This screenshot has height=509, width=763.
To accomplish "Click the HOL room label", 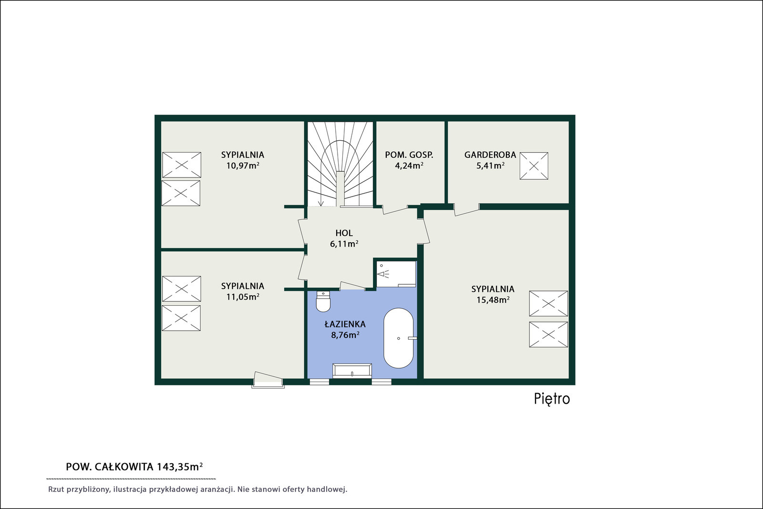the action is coord(344,233).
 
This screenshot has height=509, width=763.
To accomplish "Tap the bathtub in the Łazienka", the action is coord(399,338).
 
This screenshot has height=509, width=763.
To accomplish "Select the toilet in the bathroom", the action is coord(323,301).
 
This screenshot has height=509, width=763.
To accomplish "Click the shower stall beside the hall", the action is coord(396,274).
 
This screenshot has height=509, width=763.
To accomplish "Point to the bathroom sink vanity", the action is coord(352,371).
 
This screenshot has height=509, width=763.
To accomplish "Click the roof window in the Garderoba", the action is coord(534,166).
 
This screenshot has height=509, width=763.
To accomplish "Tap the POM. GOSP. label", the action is coord(409,155).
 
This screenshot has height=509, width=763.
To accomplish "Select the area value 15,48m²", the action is coord(493,300).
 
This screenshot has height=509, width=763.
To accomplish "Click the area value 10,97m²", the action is coord(243,166).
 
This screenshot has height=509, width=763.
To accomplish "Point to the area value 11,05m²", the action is coord(243,297).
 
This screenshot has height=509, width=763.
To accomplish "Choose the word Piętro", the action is coord(552,399).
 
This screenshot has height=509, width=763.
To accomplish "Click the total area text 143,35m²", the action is coord(180,467).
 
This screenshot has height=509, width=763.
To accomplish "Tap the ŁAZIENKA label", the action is coord(345,324).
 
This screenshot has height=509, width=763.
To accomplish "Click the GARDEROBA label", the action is coord(490,155).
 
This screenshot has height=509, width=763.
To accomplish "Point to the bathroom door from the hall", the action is coord(353,286).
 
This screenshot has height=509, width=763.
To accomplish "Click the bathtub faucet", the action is coord(412,338).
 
